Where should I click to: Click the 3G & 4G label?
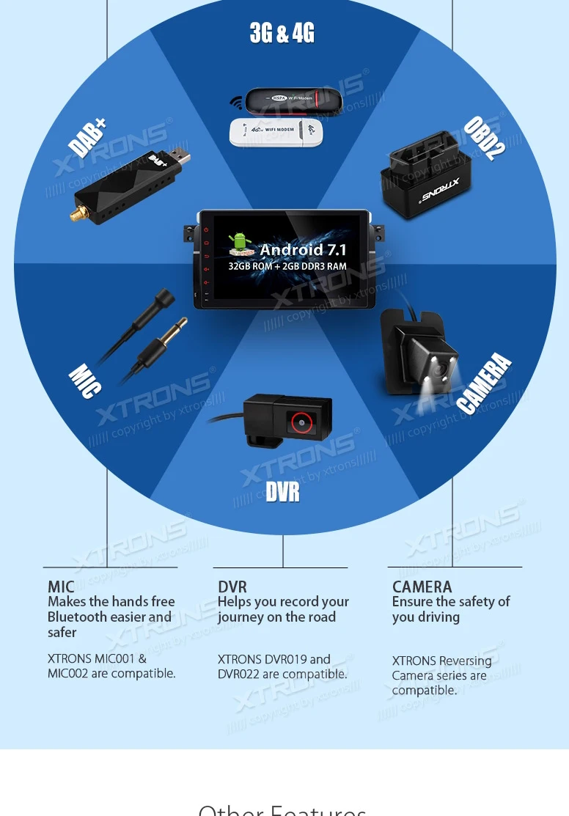pos(282,33)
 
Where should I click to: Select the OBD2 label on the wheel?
pos(484,139)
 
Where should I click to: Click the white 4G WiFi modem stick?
pos(276,132)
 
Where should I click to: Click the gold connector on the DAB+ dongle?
pos(76,213)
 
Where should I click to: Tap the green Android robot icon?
pos(239,245)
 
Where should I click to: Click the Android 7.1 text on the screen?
pos(303,250)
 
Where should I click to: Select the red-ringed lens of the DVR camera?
pos(301,422)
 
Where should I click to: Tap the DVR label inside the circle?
pos(283,492)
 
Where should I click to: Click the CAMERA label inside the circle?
pos(484,383)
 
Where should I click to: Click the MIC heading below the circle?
pos(61,587)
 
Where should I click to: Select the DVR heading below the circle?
pos(232,587)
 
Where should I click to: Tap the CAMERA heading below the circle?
pos(422,587)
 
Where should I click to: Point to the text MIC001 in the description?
pos(114,658)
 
